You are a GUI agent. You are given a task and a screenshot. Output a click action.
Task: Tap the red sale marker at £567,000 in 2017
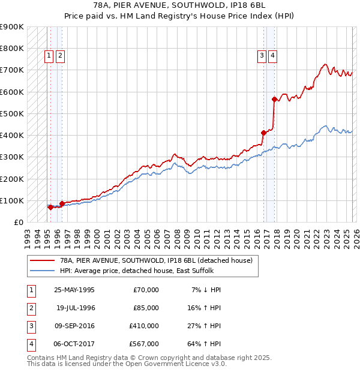[x=274, y=99]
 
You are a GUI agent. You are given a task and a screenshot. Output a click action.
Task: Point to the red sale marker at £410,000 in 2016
[x=263, y=133]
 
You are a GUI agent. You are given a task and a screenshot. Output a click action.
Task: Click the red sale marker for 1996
[x=62, y=204]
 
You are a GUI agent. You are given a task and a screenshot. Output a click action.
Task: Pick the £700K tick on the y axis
[x=12, y=70]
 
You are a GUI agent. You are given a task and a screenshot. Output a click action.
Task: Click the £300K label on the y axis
[x=12, y=157]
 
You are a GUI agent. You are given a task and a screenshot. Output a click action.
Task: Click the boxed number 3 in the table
[x=30, y=326]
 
